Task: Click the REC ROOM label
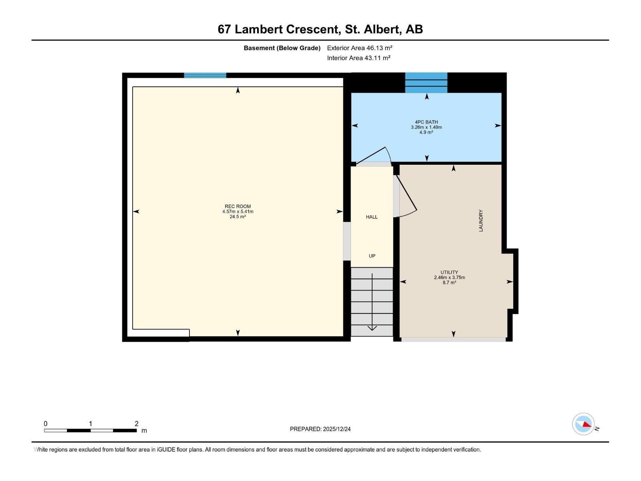click(x=238, y=206)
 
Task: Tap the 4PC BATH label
click(x=426, y=122)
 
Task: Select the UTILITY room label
click(x=449, y=272)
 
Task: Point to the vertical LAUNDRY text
click(x=481, y=220)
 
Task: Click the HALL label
click(x=371, y=217)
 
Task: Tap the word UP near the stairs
click(x=372, y=256)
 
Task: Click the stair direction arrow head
click(x=372, y=328)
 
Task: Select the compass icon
click(x=583, y=424)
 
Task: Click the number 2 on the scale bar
click(x=137, y=424)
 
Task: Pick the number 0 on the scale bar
click(x=46, y=424)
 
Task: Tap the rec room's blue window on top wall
click(x=205, y=75)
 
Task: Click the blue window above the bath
click(x=426, y=83)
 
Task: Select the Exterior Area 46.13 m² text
click(x=359, y=48)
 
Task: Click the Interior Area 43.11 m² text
click(x=359, y=58)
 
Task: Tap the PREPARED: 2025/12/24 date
click(x=320, y=429)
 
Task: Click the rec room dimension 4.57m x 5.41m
click(x=238, y=212)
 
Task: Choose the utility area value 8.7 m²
click(x=449, y=283)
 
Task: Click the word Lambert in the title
click(x=286, y=29)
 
